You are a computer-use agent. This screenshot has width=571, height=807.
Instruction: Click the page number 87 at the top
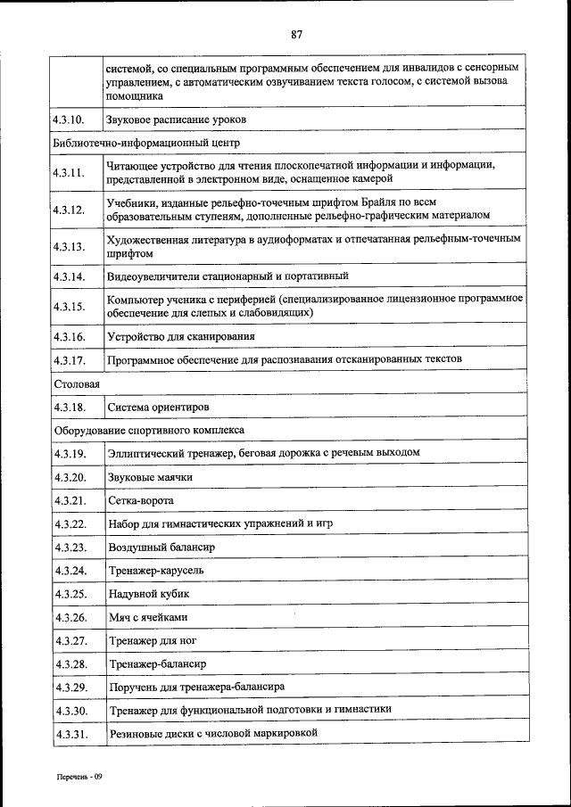(x=296, y=35)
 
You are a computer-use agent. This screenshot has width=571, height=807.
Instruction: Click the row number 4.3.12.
(x=69, y=210)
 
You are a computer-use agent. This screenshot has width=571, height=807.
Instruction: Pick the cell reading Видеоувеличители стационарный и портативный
(x=228, y=276)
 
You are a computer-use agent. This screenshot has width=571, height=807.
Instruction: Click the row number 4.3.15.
(x=69, y=306)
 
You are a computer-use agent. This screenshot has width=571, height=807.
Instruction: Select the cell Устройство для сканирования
(x=181, y=336)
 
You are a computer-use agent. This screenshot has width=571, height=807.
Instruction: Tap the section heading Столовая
(x=76, y=383)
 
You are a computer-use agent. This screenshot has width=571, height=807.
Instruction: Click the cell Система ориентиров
(x=158, y=407)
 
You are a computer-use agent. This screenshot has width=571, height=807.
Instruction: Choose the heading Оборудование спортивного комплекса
(x=148, y=430)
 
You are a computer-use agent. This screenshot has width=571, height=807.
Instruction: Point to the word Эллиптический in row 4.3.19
(x=145, y=453)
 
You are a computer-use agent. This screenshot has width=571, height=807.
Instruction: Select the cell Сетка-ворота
(x=140, y=500)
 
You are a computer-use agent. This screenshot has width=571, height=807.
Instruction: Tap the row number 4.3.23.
(x=69, y=547)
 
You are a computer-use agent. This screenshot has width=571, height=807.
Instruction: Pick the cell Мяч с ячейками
(x=148, y=617)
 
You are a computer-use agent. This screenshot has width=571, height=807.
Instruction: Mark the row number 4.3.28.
(x=69, y=664)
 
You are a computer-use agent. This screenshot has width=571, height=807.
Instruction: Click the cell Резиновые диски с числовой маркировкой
(x=212, y=733)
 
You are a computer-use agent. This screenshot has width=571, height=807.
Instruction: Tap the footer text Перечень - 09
(x=79, y=777)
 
